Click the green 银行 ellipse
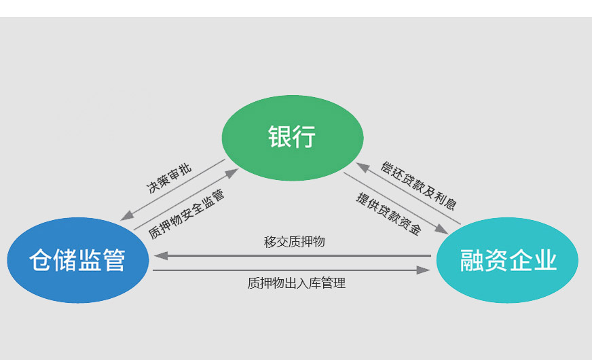click(293, 138)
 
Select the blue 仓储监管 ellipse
click(77, 260)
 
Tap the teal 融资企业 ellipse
click(508, 260)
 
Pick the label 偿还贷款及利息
click(418, 185)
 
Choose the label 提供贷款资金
click(388, 213)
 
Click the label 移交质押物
click(294, 242)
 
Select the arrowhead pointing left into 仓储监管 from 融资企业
click(161, 256)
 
